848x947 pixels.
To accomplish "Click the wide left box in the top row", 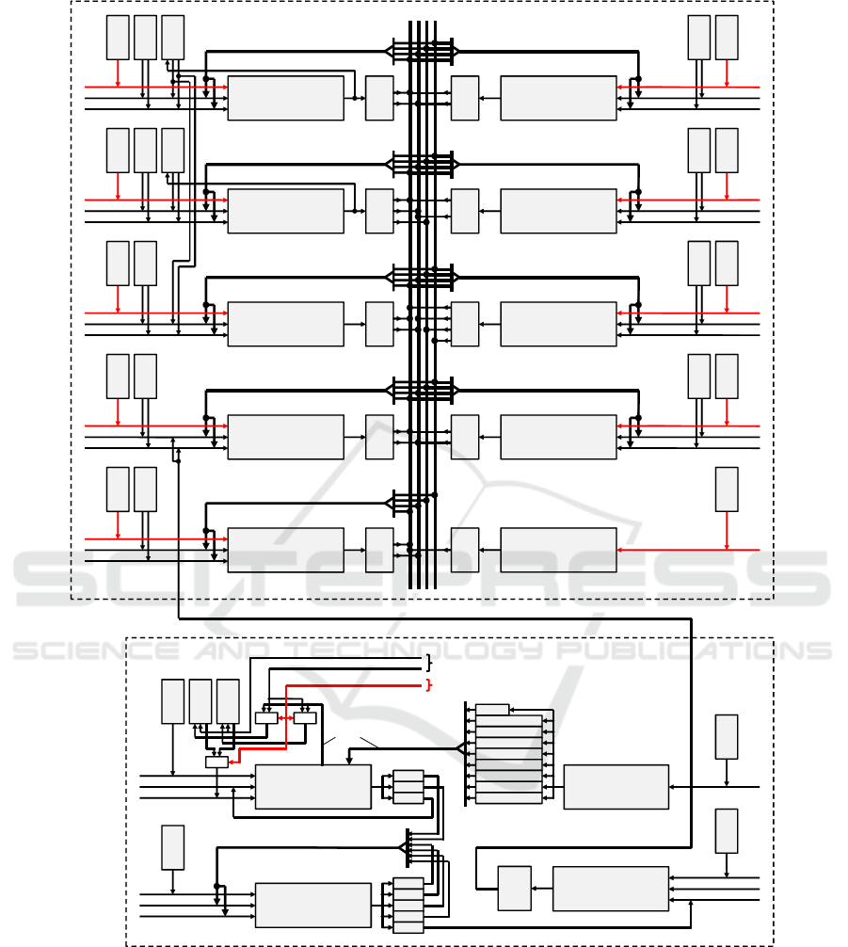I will [x=285, y=98].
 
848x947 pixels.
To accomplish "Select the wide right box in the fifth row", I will [x=558, y=550].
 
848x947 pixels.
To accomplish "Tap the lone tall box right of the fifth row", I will [x=727, y=489].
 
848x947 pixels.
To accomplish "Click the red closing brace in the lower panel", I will [x=428, y=683].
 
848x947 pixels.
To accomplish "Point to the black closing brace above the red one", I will [x=428, y=663].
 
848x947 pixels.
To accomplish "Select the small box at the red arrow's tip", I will [x=216, y=762].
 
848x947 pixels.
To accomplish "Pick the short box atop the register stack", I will [x=492, y=709].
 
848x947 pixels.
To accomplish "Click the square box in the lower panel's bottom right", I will [x=514, y=888].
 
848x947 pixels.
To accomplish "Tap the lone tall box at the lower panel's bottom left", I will [x=172, y=847].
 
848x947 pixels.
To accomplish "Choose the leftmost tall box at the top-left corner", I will [x=118, y=38].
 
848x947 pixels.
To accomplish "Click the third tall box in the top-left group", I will [x=172, y=38].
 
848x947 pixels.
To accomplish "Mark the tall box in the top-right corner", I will [x=727, y=38].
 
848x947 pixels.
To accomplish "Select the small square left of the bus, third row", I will [x=379, y=324].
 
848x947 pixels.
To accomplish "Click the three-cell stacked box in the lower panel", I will [x=408, y=787].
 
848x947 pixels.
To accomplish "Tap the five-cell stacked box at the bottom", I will [x=408, y=906].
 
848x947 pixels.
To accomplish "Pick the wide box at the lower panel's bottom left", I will [x=312, y=905].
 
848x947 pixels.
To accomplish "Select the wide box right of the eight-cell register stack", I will [x=616, y=786].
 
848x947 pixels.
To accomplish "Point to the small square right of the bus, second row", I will [x=465, y=211].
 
